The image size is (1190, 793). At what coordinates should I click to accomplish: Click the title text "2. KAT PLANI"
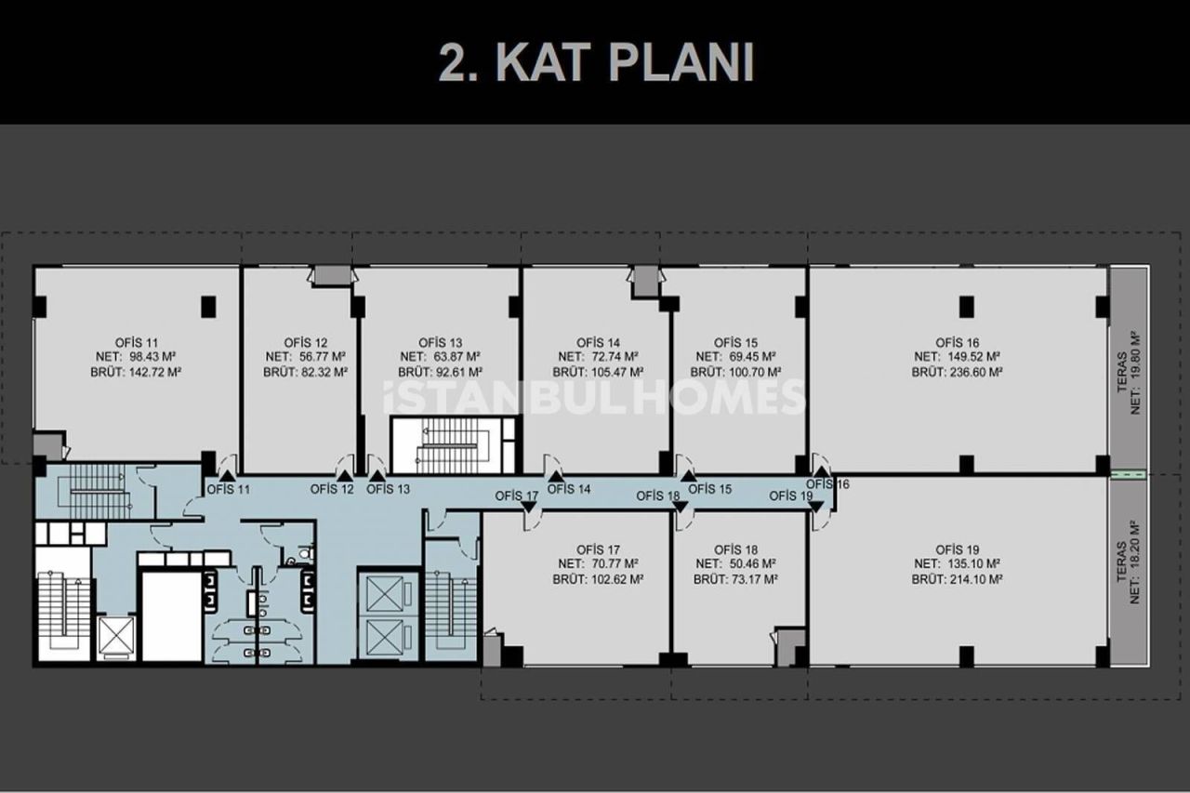coord(595,63)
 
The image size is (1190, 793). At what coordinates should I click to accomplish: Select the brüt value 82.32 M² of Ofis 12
coord(305,371)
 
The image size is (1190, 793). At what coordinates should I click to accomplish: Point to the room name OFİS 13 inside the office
coord(440,342)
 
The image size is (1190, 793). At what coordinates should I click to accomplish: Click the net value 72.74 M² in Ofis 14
coord(598,356)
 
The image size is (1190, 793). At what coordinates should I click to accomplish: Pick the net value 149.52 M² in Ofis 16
coord(957,356)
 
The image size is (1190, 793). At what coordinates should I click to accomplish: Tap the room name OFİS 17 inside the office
coord(598,548)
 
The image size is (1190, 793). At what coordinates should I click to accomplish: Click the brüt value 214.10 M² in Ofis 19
coord(957,578)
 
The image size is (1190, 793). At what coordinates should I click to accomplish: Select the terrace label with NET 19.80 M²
coord(1129,372)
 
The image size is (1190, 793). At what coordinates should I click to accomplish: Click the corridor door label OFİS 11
coord(228,489)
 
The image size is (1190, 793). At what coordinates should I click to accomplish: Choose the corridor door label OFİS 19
coord(791,496)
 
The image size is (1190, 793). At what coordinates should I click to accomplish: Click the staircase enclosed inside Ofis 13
coord(451,445)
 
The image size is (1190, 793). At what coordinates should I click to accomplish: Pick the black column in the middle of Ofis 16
coord(967,304)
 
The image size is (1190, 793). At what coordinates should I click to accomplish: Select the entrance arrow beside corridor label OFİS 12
coord(345,476)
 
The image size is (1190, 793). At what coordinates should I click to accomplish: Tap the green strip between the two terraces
coord(1129,474)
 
